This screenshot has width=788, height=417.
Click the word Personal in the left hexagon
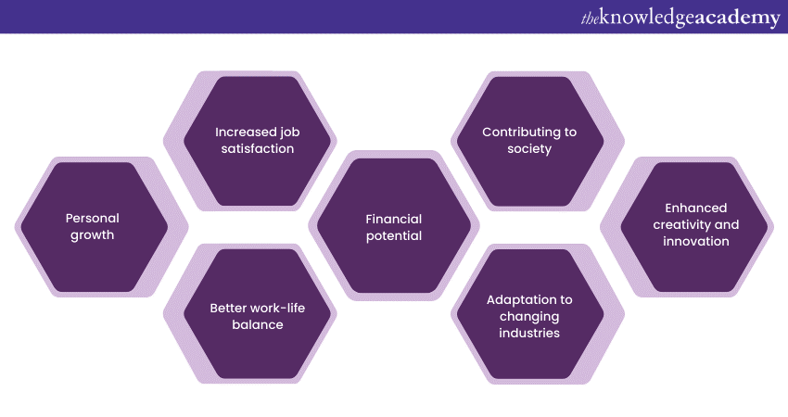click(93, 218)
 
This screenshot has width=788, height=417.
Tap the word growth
click(93, 235)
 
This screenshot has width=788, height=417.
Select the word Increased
click(243, 132)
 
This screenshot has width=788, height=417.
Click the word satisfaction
click(258, 148)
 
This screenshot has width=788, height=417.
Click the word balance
click(258, 324)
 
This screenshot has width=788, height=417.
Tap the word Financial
click(393, 219)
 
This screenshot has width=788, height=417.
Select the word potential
click(393, 236)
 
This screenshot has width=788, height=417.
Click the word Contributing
click(520, 133)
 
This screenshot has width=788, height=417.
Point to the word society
click(529, 149)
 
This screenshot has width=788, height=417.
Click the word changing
click(529, 317)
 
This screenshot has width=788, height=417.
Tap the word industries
click(529, 333)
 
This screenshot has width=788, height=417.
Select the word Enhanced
click(696, 208)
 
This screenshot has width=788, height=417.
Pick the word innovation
click(696, 241)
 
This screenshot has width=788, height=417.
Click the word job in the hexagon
click(288, 133)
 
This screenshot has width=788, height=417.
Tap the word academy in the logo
click(737, 19)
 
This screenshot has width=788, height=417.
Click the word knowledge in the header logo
click(647, 19)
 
